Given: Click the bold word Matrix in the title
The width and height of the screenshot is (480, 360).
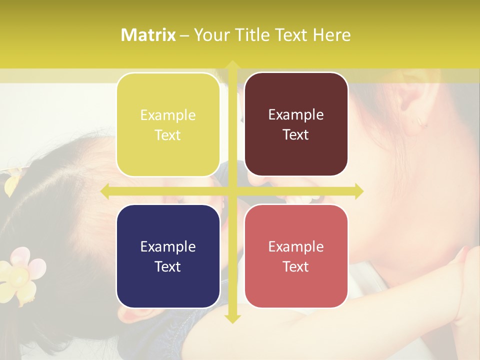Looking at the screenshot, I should pyautogui.click(x=148, y=35).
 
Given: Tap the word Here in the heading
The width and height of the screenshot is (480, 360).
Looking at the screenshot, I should pyautogui.click(x=331, y=35).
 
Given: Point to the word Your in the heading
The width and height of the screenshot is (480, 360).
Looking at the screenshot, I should pyautogui.click(x=211, y=35).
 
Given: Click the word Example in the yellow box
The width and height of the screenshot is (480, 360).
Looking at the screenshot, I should pyautogui.click(x=167, y=115).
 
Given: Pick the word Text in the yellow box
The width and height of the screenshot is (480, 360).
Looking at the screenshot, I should pyautogui.click(x=167, y=135).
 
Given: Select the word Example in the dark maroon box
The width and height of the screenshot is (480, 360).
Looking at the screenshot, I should pyautogui.click(x=295, y=115).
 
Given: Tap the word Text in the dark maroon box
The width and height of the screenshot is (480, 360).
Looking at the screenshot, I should pyautogui.click(x=295, y=134).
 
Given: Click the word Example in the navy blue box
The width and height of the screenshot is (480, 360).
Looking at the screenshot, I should pyautogui.click(x=167, y=247).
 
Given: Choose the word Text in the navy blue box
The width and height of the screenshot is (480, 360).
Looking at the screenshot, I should pyautogui.click(x=167, y=266).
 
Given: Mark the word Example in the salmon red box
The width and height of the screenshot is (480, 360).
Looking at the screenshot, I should pyautogui.click(x=295, y=247).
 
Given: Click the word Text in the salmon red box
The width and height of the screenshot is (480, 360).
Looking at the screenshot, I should pyautogui.click(x=295, y=266).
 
